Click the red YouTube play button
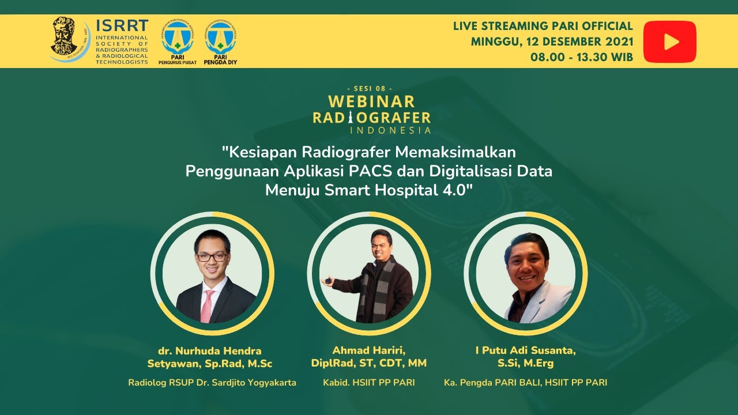point(670,41)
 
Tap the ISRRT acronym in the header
point(122,27)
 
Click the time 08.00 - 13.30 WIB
point(582,57)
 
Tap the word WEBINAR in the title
point(371,102)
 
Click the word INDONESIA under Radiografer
point(390,130)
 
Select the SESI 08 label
point(370,88)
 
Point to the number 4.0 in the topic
point(455,191)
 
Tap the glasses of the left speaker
point(212,257)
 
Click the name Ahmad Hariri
point(369,350)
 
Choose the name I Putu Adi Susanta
point(526,350)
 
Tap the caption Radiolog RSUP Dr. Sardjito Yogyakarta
point(212,382)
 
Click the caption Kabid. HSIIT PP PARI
point(369,382)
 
